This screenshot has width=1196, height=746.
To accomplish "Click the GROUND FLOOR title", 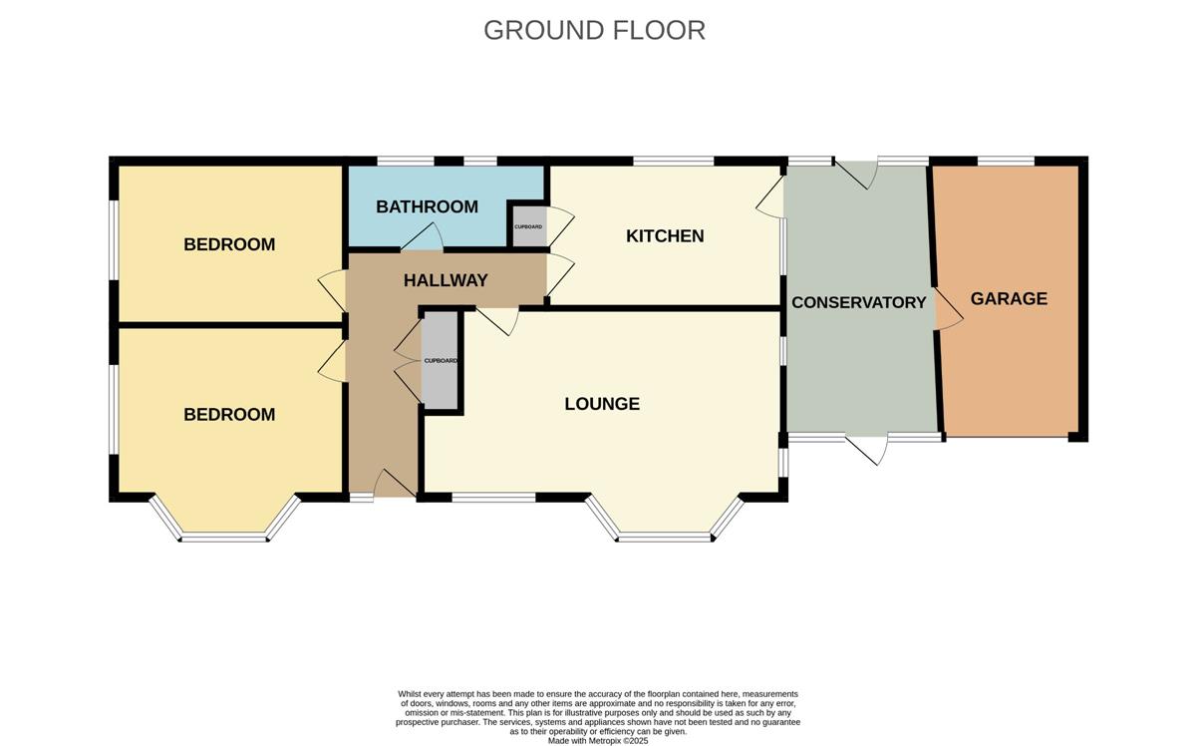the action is [x=594, y=31].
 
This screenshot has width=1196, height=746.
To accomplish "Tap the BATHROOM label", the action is [x=427, y=206].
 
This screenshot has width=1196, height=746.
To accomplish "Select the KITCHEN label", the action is [x=665, y=235].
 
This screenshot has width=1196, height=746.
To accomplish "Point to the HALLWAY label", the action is [x=446, y=280].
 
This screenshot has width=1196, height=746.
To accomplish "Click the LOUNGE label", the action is [x=602, y=404].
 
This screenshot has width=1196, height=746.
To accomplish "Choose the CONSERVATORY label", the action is [x=858, y=302].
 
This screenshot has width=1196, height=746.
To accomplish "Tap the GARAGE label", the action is [x=1009, y=298].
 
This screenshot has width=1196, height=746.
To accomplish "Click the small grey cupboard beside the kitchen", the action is [x=529, y=226].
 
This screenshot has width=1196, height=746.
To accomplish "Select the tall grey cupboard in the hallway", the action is [x=440, y=360].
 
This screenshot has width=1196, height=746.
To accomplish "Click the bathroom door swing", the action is [x=423, y=237].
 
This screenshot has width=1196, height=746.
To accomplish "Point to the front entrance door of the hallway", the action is [x=394, y=484].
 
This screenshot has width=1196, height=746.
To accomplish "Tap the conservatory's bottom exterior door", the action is [x=867, y=450].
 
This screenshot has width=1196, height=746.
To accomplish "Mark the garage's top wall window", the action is [x=1006, y=161].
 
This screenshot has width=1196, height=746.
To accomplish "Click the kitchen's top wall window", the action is [x=674, y=161].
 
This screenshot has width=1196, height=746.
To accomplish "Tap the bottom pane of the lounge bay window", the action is [x=665, y=537].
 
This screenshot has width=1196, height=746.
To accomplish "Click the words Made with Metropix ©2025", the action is [x=598, y=741].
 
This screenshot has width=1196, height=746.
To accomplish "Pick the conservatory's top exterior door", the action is [x=856, y=175].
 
